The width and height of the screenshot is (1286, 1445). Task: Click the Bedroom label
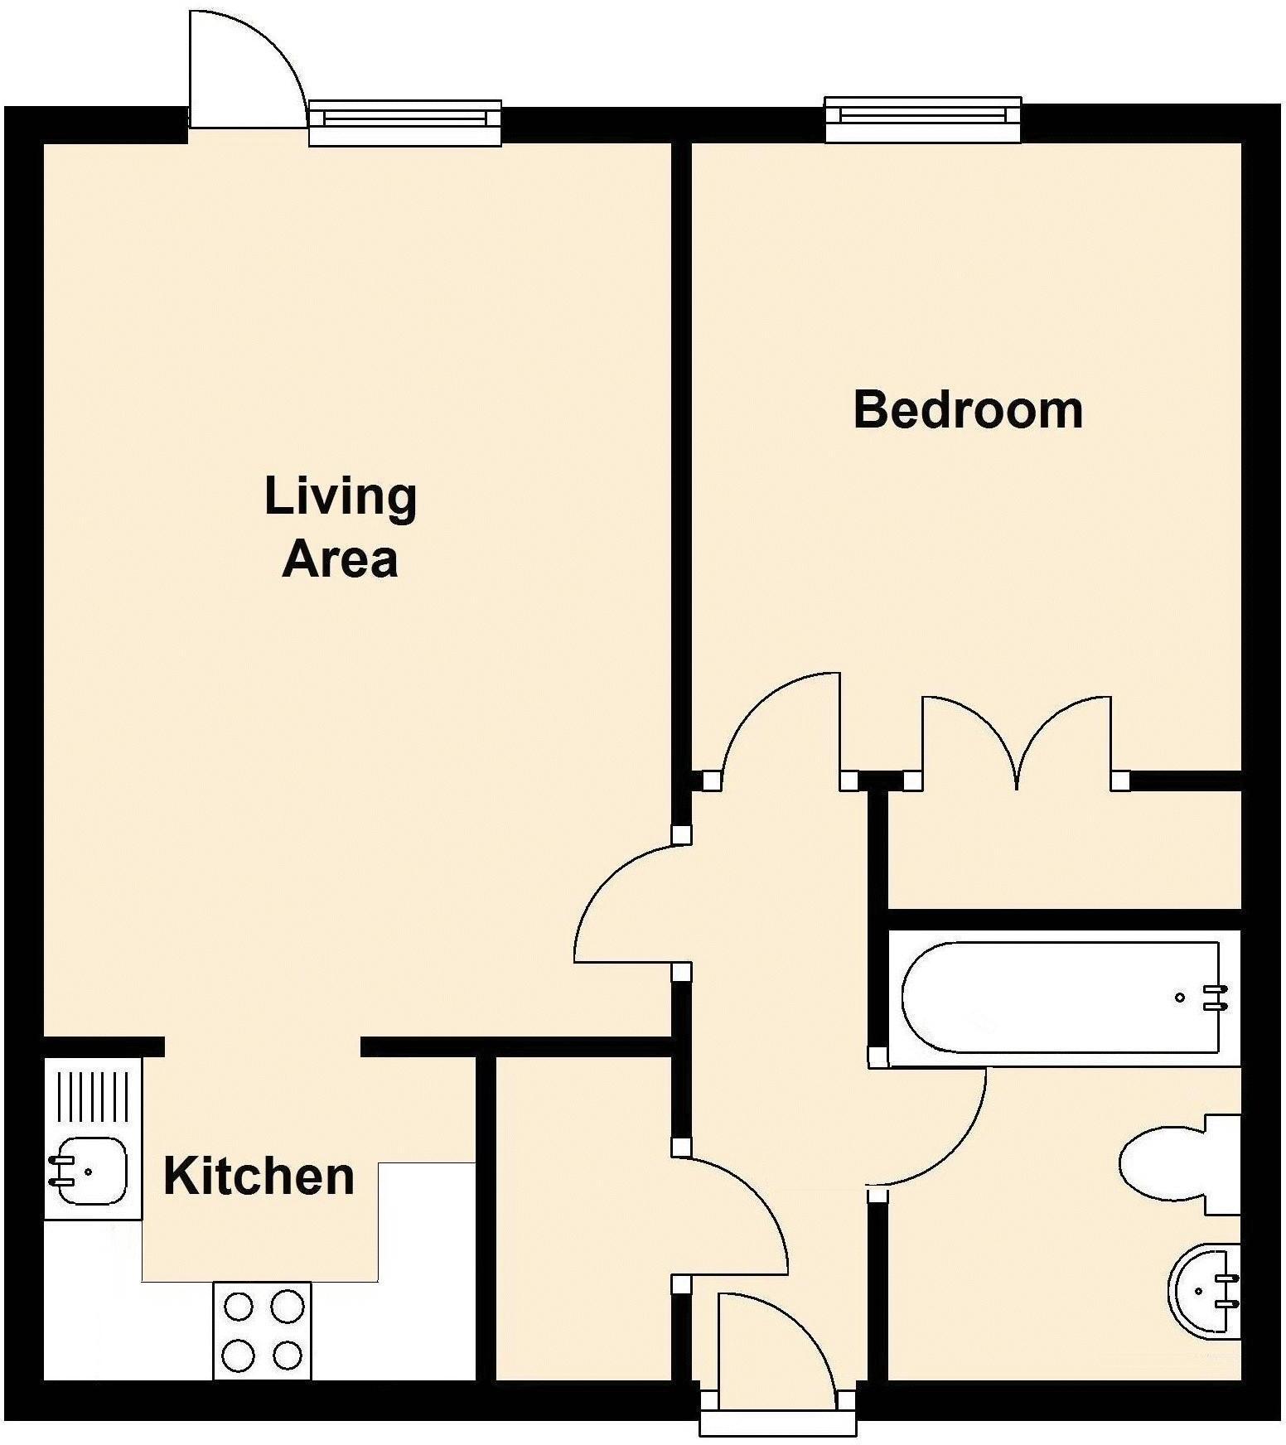(x=968, y=410)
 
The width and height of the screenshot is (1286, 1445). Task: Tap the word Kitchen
(x=259, y=1177)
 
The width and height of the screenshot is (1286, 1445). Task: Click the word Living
(x=341, y=498)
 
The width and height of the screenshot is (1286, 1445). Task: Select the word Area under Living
(x=341, y=559)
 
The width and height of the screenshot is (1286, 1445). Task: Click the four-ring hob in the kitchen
(x=263, y=1331)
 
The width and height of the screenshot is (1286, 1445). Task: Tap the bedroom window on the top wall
(x=922, y=119)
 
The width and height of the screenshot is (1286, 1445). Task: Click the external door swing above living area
(x=244, y=75)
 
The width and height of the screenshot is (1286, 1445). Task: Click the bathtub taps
(x=1214, y=998)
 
